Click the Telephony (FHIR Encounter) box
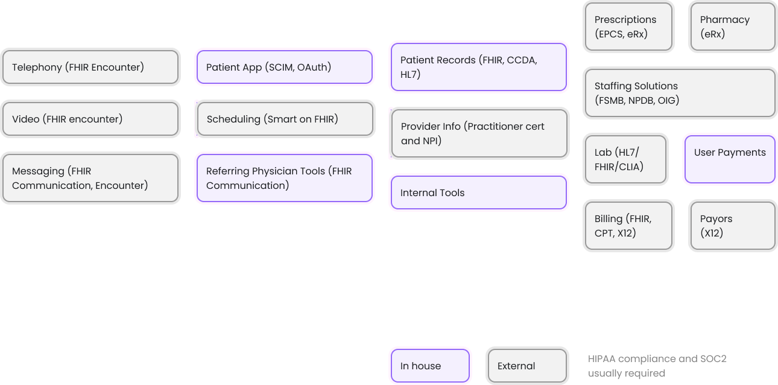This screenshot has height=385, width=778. point(90,67)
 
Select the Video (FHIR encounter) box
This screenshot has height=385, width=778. point(90,119)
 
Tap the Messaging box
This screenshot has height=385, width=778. point(90,178)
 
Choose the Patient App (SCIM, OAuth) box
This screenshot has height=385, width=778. point(284,67)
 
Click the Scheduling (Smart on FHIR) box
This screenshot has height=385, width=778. point(284,119)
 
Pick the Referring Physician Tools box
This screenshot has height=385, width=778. point(284,178)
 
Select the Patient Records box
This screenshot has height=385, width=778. point(478,67)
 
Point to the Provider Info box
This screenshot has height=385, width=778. point(478,133)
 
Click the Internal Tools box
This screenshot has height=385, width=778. point(478,192)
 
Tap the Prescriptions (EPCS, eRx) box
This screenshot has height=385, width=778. point(628,27)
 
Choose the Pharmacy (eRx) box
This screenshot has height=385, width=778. point(732,27)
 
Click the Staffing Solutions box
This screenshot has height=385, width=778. point(679,93)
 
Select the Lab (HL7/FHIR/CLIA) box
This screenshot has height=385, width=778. point(625,159)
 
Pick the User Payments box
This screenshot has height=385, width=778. point(730,159)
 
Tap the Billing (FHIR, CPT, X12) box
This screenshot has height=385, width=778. point(628,226)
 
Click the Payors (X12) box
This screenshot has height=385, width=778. point(732,226)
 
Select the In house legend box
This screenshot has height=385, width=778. point(430,366)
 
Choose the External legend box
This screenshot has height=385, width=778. point(527,366)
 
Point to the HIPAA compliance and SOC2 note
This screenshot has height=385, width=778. point(657,366)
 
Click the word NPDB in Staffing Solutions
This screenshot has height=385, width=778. point(644,101)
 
